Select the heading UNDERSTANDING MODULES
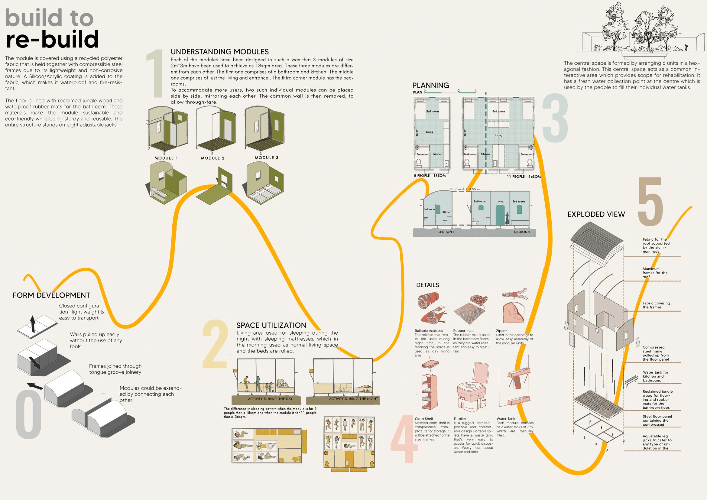[x=219, y=52]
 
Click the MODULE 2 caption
[x=212, y=158]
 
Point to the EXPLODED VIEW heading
[x=596, y=214]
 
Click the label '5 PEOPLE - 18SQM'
[x=430, y=176]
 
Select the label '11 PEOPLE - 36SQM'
[x=524, y=177]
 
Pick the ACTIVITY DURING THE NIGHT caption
[x=353, y=399]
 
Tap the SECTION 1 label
[x=446, y=232]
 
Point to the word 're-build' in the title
[x=52, y=39]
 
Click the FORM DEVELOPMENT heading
[x=51, y=295]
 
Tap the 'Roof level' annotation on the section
[x=464, y=189]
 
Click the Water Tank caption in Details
[x=506, y=419]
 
